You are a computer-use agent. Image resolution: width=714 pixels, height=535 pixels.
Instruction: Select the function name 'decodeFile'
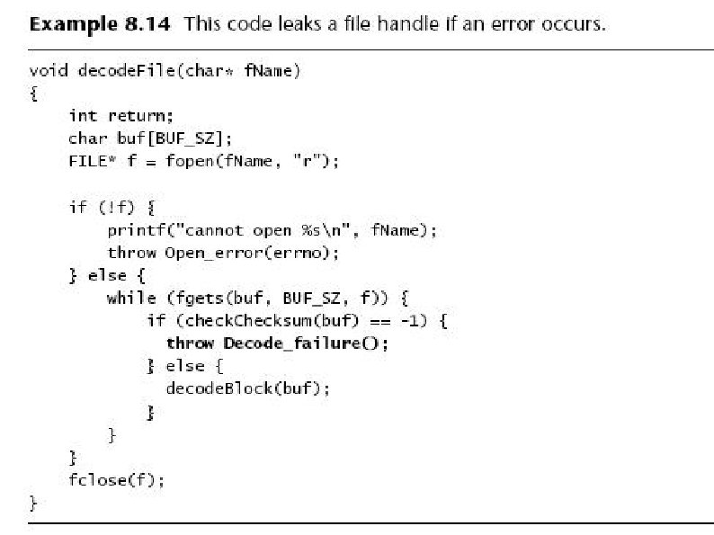pos(122,70)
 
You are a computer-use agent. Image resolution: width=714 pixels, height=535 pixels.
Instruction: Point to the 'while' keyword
pos(129,298)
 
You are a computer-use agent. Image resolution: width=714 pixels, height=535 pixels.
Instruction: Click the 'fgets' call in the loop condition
pos(184,298)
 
